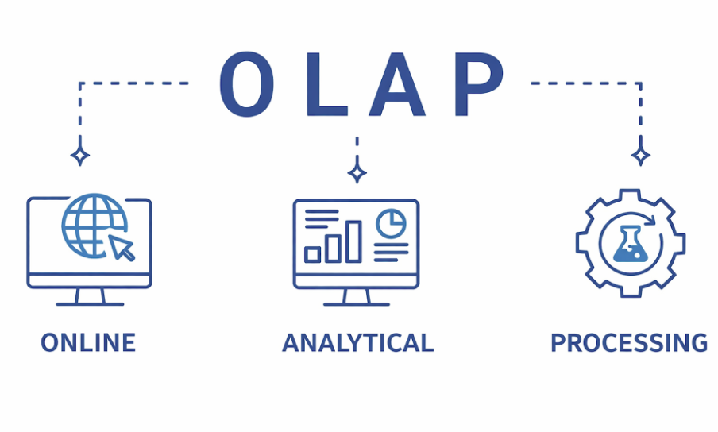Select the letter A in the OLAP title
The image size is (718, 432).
click(392, 83)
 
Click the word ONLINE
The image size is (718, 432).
click(88, 343)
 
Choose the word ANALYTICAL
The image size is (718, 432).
click(358, 343)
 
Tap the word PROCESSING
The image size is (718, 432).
click(628, 343)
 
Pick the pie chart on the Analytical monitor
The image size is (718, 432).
click(390, 223)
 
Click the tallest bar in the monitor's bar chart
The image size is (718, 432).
click(353, 241)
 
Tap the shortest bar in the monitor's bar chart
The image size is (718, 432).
click(313, 254)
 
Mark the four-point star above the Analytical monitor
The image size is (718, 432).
click(357, 171)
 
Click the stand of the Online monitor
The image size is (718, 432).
click(90, 298)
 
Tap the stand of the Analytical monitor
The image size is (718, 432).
click(357, 298)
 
